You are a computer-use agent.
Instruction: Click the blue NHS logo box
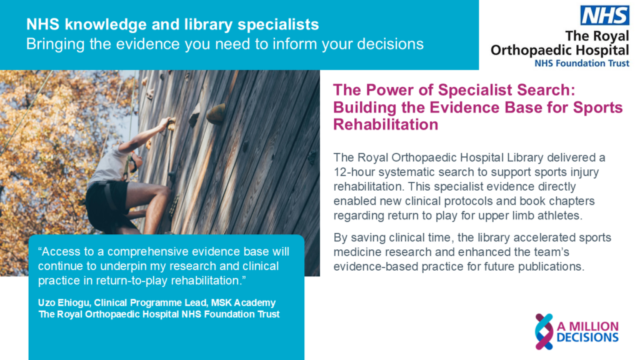coord(604,16)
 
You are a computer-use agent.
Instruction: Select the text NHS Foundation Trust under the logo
coord(582,63)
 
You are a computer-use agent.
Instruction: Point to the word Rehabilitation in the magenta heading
coord(386,124)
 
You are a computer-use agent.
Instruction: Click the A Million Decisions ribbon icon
coord(544,331)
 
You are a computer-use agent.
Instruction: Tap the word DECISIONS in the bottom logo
coord(587,337)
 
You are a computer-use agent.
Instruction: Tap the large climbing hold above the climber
coord(216,113)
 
